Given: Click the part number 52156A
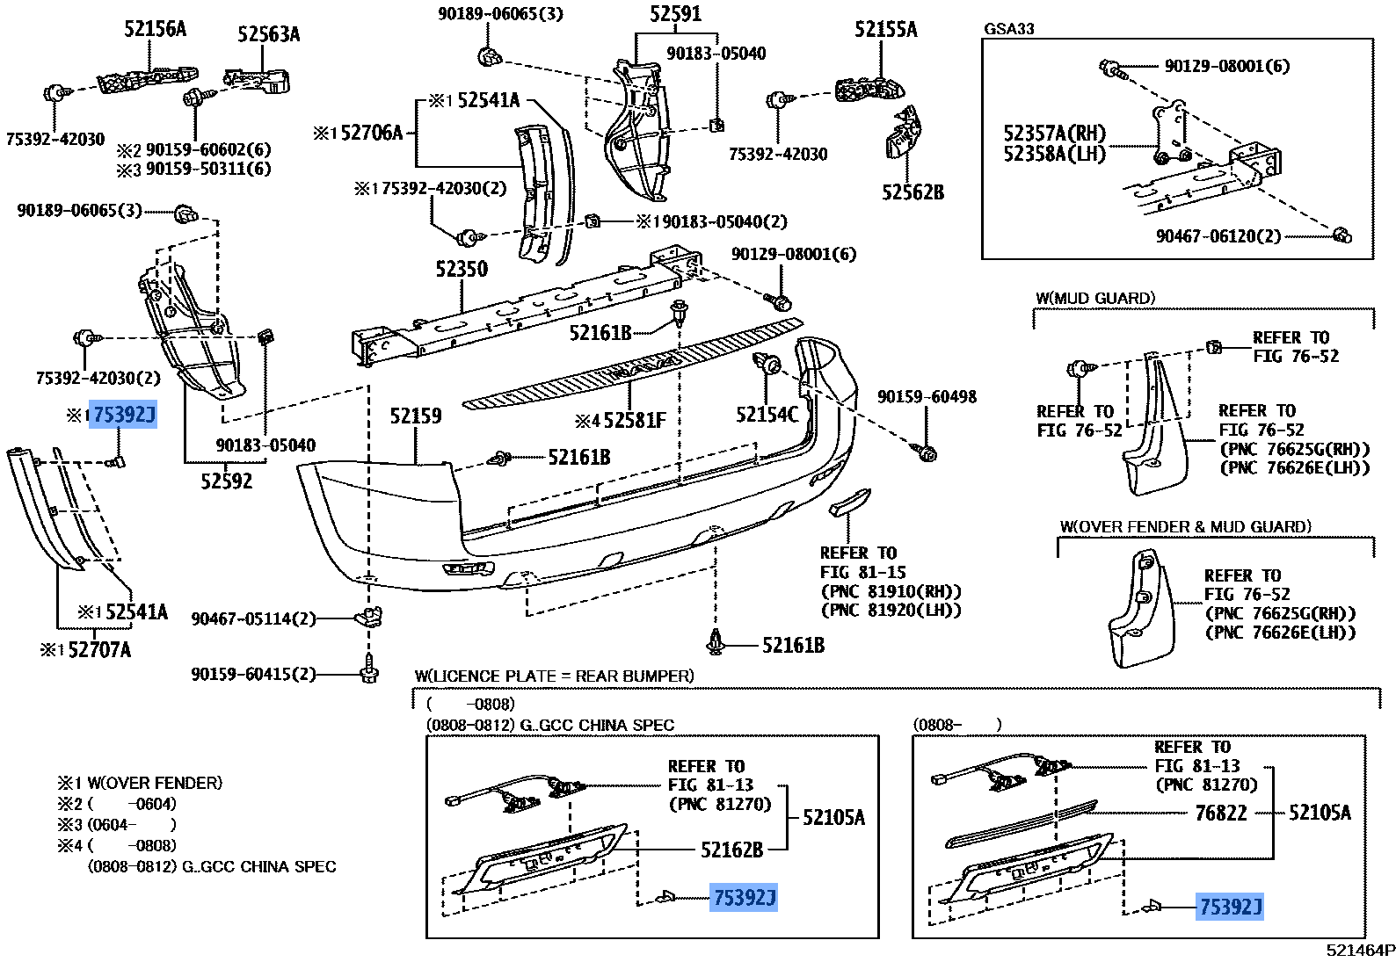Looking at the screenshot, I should (x=155, y=29).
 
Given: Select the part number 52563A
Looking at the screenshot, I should (x=268, y=34).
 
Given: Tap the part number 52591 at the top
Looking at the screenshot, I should (x=675, y=14).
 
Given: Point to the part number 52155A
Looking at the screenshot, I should (x=885, y=30).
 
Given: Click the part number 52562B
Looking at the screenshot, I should (x=912, y=192).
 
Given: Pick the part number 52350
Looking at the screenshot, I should (x=462, y=269).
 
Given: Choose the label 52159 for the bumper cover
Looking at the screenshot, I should (x=416, y=416).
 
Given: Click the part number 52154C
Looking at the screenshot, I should (x=767, y=415).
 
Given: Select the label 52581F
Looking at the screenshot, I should (x=633, y=421).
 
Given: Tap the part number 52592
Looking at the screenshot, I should (x=226, y=481).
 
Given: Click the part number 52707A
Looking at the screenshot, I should (x=99, y=650).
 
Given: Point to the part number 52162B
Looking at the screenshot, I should (x=731, y=850).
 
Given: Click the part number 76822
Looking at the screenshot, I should (x=1221, y=813).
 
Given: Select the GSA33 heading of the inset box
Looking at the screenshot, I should (x=1009, y=29).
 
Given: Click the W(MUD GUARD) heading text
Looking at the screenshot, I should (x=1095, y=299).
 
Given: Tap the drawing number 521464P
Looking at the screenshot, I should (x=1360, y=950).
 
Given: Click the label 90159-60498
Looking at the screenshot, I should (x=927, y=397).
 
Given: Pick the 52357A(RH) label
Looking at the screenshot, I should (x=1054, y=134).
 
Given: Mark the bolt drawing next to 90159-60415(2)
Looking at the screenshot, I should (x=369, y=671).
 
